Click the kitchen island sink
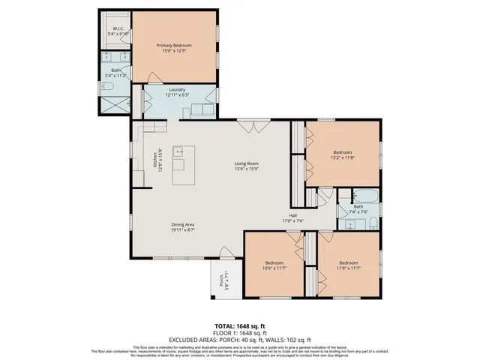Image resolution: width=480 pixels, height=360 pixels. click(x=179, y=152)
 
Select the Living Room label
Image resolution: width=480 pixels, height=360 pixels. click(x=247, y=164)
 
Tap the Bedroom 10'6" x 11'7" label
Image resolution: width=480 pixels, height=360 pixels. click(x=274, y=265)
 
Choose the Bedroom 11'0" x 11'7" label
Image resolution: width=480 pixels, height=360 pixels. click(x=348, y=265)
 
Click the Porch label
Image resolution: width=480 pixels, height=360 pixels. click(x=222, y=282)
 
